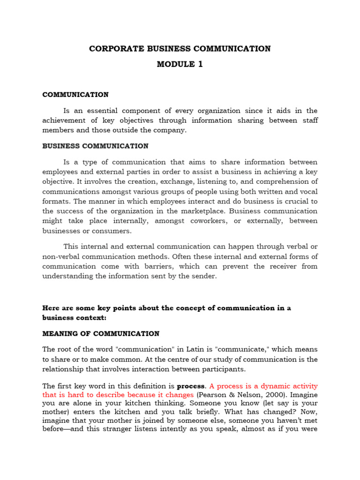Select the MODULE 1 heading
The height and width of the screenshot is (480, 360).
180,65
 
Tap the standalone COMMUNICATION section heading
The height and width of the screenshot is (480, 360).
75,95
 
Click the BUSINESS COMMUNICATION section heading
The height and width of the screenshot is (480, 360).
96,146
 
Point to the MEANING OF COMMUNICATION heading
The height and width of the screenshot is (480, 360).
101,334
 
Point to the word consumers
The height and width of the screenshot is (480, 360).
112,231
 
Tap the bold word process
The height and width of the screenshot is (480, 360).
191,386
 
